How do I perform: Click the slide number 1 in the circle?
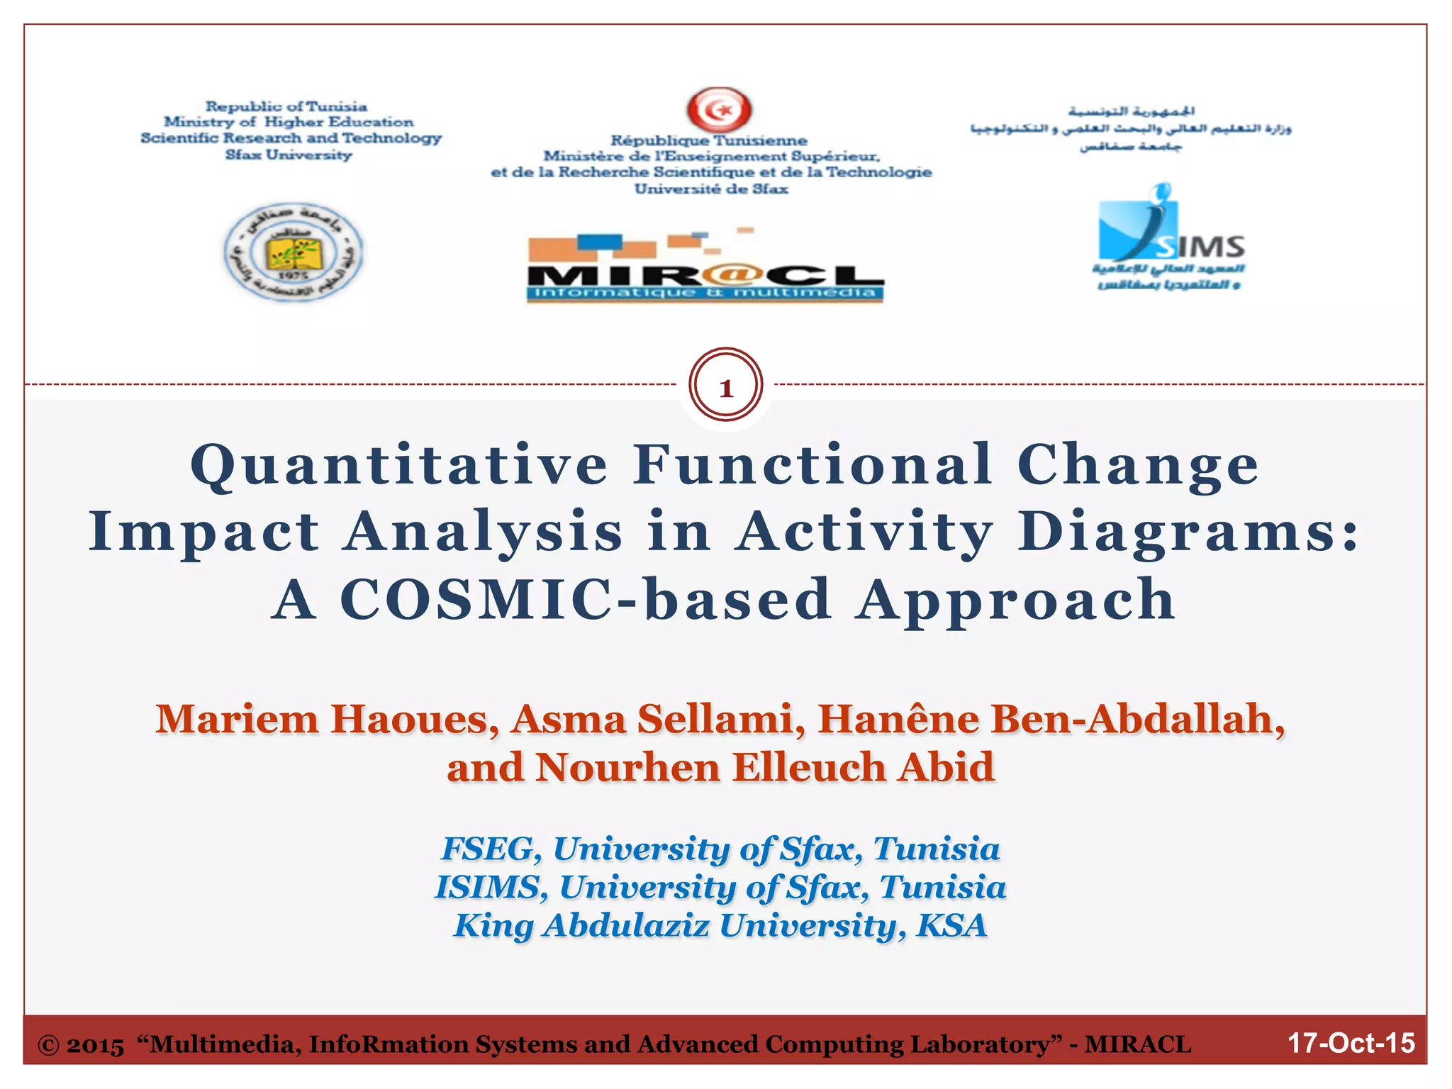[725, 388]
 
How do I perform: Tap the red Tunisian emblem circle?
[720, 110]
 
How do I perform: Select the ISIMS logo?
[1169, 238]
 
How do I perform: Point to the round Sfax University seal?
[293, 251]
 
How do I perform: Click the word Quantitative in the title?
[399, 465]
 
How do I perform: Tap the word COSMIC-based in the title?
[586, 600]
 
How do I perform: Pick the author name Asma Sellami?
[658, 719]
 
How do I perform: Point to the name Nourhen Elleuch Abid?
[765, 767]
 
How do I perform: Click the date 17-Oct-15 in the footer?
[1351, 1043]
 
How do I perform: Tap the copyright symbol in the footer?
[48, 1045]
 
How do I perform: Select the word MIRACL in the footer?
[1137, 1044]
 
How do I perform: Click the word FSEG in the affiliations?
[487, 849]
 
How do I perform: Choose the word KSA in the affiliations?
[951, 925]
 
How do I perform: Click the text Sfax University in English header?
[289, 155]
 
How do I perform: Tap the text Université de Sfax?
[711, 189]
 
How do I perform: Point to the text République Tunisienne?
[709, 140]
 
